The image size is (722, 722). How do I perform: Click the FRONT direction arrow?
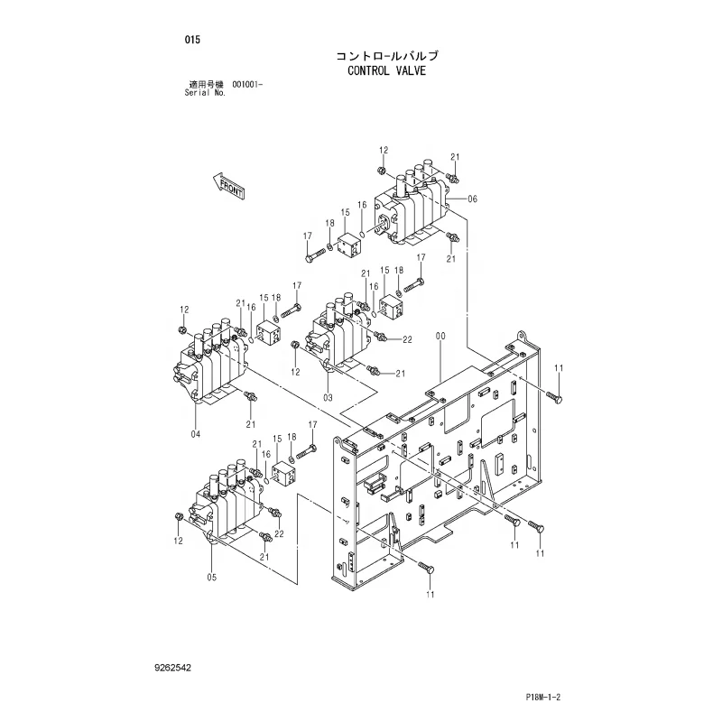229,186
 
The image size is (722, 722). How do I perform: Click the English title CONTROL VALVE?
385,69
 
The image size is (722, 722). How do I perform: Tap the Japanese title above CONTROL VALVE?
386,54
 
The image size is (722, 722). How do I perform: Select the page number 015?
191,40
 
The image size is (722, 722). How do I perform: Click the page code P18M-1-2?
545,698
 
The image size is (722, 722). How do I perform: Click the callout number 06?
473,199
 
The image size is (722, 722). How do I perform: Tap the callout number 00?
440,336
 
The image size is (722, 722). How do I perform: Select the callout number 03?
329,397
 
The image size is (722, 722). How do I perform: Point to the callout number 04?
195,434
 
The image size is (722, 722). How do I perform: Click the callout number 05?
212,578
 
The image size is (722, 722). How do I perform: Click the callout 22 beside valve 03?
407,340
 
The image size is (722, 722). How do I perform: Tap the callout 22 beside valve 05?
279,533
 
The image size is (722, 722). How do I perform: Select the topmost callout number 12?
383,150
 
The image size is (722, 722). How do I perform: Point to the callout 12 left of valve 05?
178,541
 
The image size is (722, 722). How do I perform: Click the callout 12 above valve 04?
184,310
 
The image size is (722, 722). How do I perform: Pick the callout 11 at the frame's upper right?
558,367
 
